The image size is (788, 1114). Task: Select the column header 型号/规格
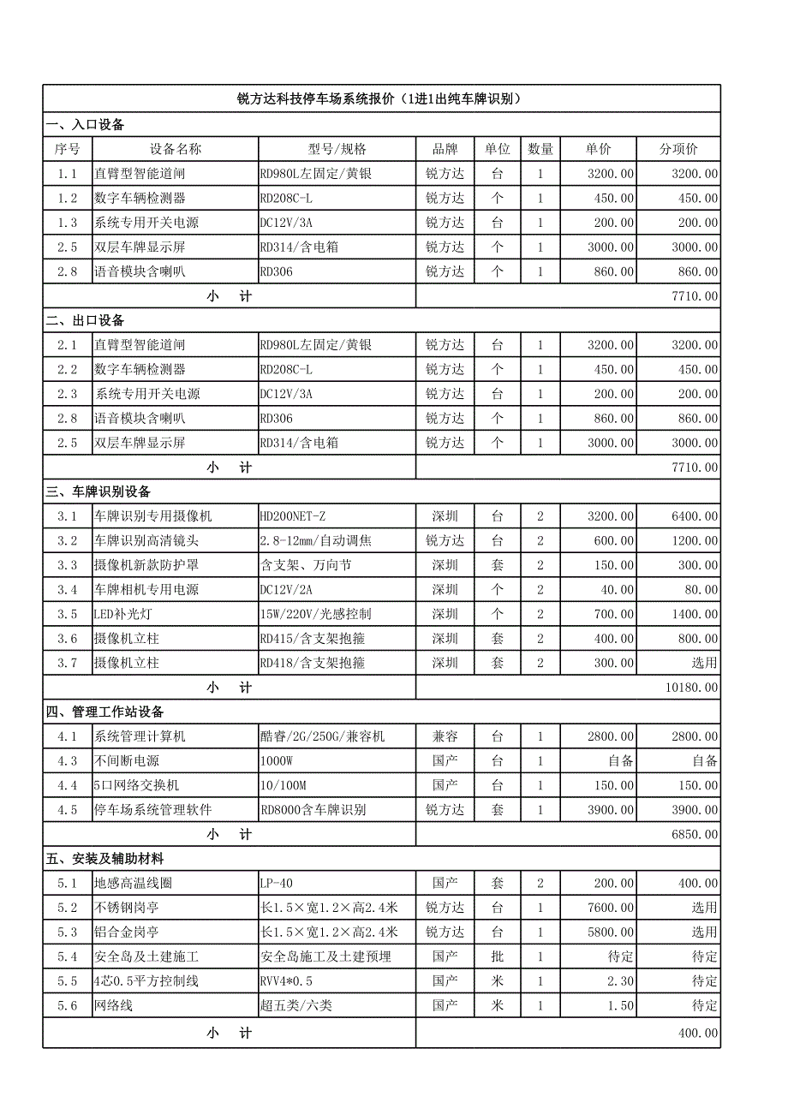point(337,149)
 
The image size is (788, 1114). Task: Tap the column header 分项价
point(678,149)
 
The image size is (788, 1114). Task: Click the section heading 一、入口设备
point(86,125)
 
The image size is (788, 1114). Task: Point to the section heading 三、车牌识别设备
point(98,492)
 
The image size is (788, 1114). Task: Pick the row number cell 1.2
point(68,199)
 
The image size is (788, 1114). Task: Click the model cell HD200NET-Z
point(292,516)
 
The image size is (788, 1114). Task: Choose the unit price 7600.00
point(611,908)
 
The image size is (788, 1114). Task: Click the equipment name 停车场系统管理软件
point(152,810)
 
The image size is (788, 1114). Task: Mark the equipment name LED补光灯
point(125,615)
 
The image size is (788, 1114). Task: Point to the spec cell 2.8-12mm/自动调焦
point(315,541)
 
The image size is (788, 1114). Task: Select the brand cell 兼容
point(445,737)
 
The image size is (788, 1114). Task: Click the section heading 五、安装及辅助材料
point(104,859)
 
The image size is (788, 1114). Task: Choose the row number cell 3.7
point(68,664)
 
